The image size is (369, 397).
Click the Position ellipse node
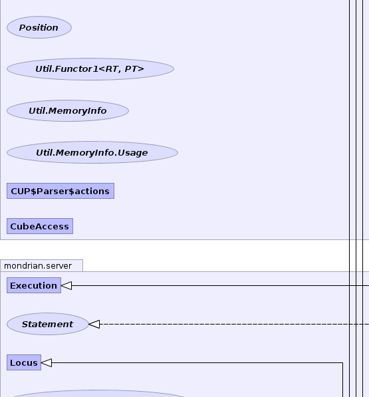(x=39, y=27)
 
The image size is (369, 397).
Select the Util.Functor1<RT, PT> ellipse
(x=90, y=69)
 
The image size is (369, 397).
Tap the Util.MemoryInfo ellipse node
(x=68, y=110)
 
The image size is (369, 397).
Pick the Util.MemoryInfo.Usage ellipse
(x=92, y=152)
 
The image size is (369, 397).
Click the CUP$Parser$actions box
(x=61, y=191)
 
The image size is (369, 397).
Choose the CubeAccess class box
(x=40, y=226)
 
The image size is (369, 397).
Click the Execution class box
(x=34, y=285)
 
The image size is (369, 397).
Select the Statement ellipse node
(x=48, y=324)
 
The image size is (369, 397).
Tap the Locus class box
(x=24, y=362)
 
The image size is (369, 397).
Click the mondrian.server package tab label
(x=38, y=266)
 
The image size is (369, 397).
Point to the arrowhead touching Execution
(x=66, y=285)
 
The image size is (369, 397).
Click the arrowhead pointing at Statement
(x=94, y=324)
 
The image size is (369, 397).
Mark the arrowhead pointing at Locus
(x=47, y=363)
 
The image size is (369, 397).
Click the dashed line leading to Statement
(x=234, y=324)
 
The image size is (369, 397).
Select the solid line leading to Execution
(x=221, y=285)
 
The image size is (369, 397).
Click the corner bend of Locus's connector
(x=342, y=363)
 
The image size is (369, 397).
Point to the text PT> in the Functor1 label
(x=134, y=69)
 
